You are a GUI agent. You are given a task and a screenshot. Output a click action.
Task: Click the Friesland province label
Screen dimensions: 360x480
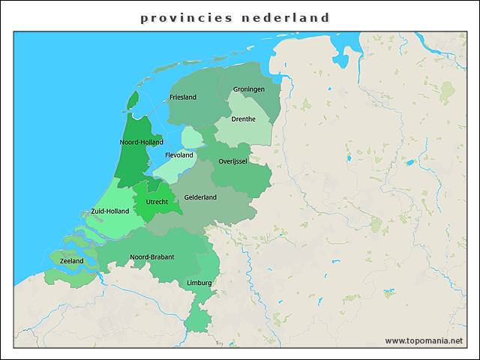tap(183, 97)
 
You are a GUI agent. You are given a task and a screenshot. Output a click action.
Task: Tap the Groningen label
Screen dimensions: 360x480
tap(248, 89)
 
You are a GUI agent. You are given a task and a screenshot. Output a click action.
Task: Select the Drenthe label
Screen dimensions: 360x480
tap(243, 119)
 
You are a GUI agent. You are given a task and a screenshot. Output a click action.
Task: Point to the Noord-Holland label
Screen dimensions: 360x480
tap(141, 142)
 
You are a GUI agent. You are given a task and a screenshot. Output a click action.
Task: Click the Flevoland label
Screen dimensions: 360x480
tap(178, 155)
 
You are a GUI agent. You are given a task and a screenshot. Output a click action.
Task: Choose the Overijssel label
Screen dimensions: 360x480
tap(232, 161)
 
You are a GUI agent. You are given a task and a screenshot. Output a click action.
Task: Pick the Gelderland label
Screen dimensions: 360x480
tap(200, 197)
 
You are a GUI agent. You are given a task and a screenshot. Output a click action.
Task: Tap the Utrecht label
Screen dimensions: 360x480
tap(157, 202)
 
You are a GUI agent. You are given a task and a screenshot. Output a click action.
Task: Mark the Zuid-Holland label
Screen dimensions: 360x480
tap(109, 211)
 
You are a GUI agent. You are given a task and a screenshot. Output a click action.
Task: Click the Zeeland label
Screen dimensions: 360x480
tap(71, 261)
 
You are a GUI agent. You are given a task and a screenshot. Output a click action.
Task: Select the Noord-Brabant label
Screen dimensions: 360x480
tap(152, 256)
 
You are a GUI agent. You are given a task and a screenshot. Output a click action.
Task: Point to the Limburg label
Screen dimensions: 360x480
tap(199, 283)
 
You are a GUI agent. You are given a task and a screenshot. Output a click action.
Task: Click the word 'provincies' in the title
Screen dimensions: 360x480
tap(187, 17)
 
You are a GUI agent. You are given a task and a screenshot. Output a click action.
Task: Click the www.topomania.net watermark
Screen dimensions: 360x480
tap(424, 340)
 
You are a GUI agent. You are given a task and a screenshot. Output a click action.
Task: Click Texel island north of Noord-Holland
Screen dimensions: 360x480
tap(133, 100)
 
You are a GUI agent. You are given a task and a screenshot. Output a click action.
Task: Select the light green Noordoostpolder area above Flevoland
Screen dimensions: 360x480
tap(192, 137)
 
